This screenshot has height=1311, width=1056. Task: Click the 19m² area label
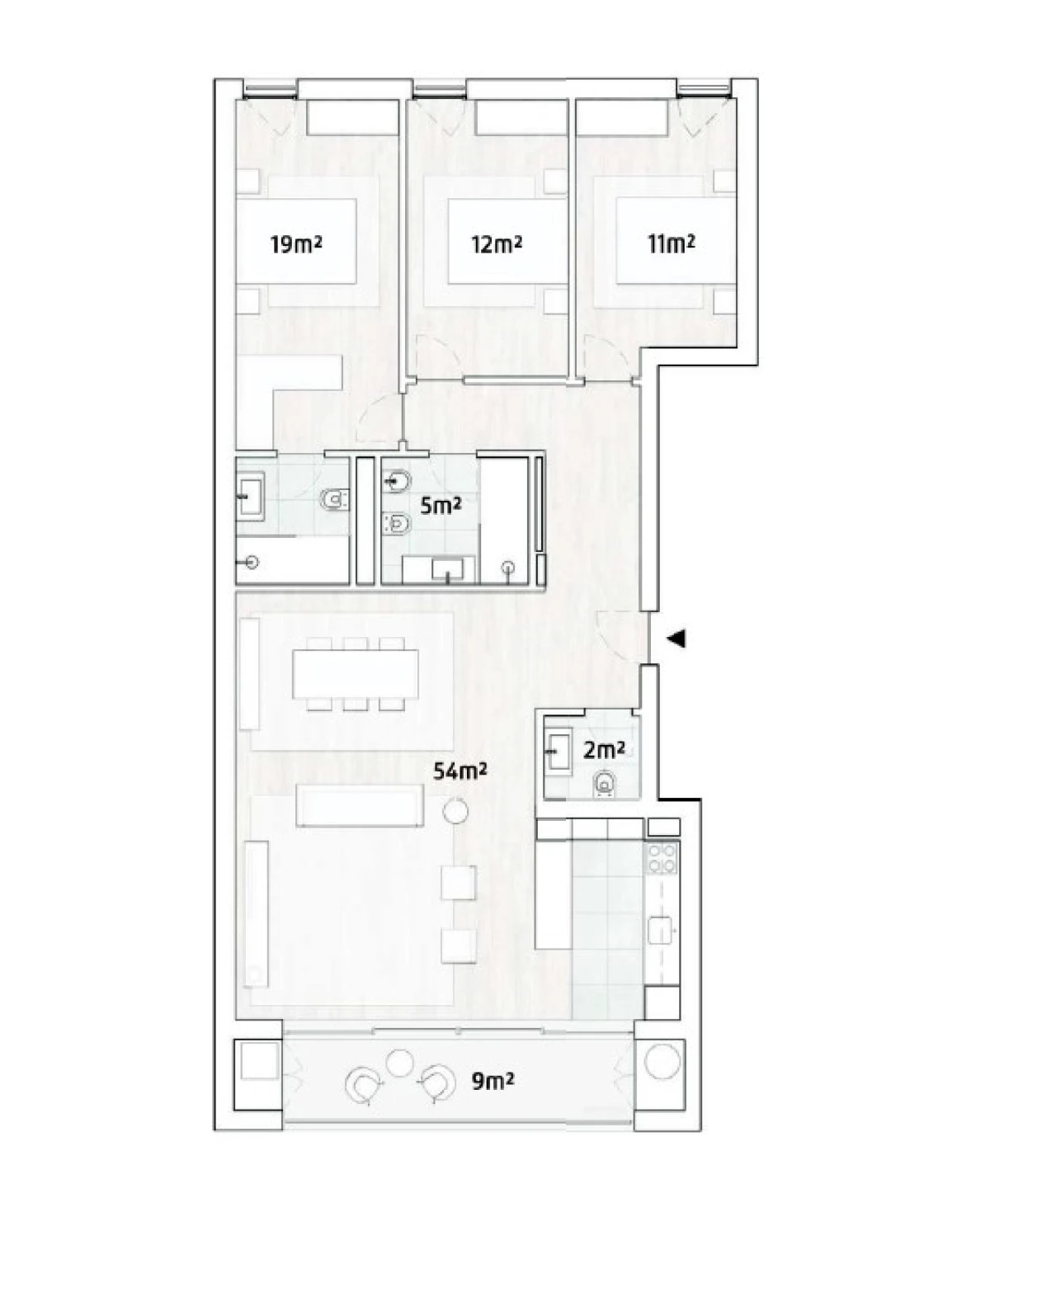[x=295, y=245]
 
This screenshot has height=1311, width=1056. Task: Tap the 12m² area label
[x=497, y=245]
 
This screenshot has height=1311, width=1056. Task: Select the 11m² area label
[x=671, y=243]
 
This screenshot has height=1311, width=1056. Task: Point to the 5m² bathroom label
[x=441, y=506]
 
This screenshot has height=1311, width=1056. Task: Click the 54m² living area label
[x=460, y=771]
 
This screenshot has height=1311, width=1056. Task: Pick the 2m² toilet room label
[x=603, y=751]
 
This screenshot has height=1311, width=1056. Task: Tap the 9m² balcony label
[x=493, y=1081]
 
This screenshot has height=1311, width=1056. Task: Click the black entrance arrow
[x=676, y=639]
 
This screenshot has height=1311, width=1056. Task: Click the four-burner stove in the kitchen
[x=662, y=857]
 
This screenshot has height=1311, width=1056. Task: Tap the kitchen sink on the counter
[x=661, y=930]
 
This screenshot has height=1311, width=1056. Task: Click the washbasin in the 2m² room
[x=561, y=751]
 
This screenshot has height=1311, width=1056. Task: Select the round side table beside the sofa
[x=455, y=812]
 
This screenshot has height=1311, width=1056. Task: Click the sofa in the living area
[x=361, y=804]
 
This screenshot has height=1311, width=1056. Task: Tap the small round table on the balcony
[x=401, y=1062]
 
